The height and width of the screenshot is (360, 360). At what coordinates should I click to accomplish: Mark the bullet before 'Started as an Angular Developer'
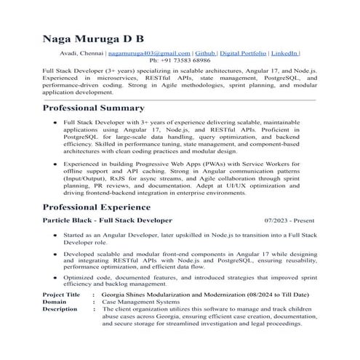[55, 236]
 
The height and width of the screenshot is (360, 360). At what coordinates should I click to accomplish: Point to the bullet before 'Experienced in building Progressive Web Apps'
[55, 165]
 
